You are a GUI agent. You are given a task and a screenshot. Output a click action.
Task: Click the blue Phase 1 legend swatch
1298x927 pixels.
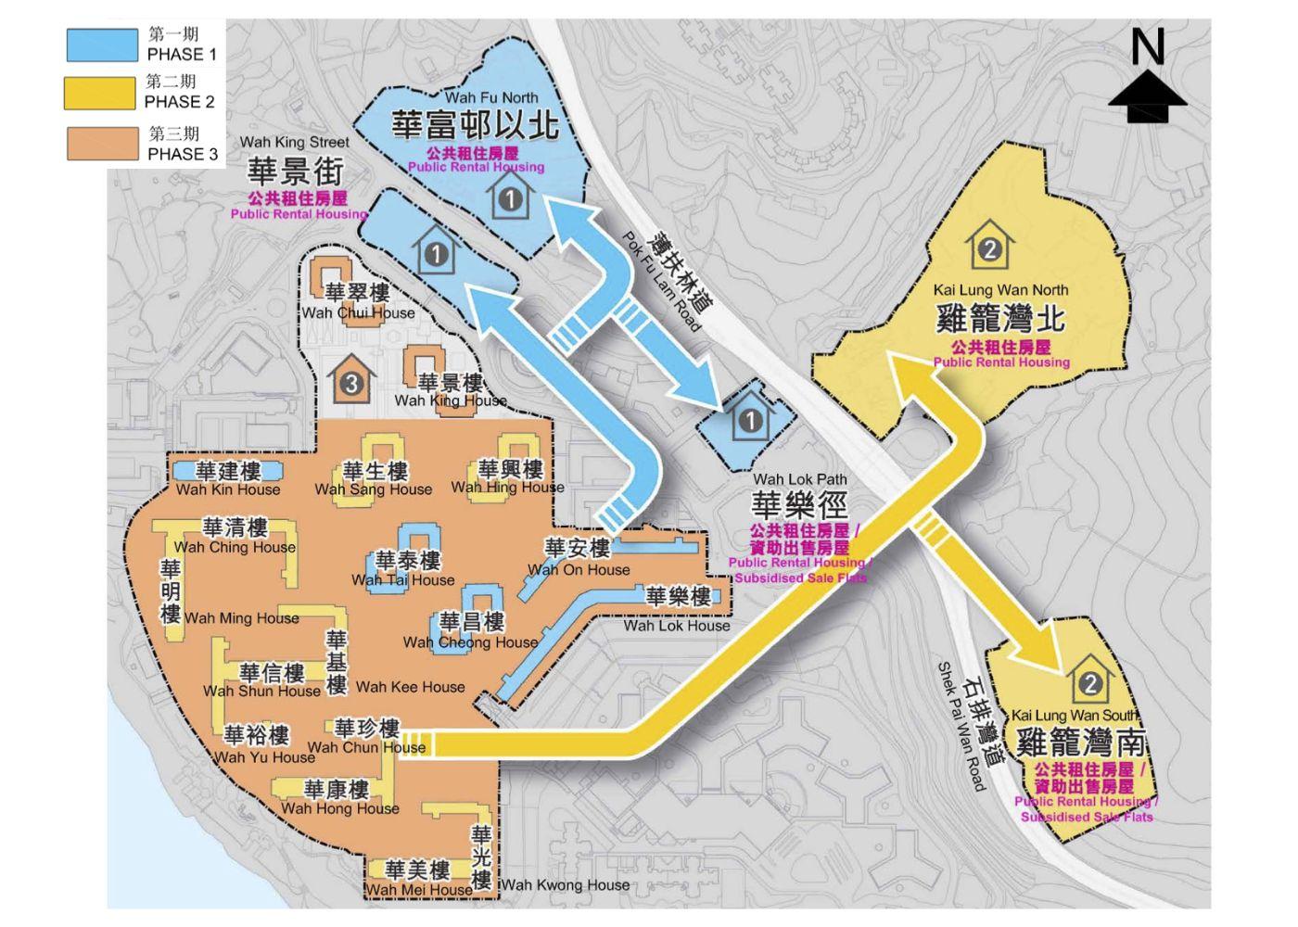coord(101,45)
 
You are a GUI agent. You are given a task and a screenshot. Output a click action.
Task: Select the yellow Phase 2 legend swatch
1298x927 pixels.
coord(99,94)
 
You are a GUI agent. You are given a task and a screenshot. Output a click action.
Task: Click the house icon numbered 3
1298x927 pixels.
coord(350,381)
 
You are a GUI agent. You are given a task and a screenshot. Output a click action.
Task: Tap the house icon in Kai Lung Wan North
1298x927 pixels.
coord(989,248)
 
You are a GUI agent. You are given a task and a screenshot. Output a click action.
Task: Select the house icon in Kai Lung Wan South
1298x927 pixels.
coord(1089,682)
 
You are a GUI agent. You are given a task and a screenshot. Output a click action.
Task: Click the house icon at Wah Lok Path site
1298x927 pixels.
coord(749,419)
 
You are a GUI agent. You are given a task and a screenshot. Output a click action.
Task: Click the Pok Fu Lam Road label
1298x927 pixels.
coord(661,282)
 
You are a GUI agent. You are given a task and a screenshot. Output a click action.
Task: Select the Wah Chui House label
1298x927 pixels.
coord(358,312)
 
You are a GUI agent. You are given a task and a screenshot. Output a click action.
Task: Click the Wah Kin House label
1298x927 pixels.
coord(228,489)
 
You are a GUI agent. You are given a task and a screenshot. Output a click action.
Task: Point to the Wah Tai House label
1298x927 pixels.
coord(403,580)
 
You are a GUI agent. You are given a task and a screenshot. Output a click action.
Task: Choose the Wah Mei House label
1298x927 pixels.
coord(418,890)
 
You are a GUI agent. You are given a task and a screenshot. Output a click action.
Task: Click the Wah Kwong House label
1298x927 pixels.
coord(566,885)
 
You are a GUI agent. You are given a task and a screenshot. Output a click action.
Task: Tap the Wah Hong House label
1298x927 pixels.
coord(339,808)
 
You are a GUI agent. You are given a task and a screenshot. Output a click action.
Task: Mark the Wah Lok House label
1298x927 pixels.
coord(677,626)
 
